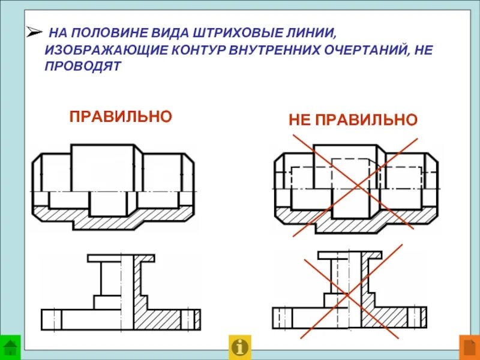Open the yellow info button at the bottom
[240, 347]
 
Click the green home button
[10, 347]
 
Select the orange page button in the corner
[469, 347]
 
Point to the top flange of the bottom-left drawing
[121, 258]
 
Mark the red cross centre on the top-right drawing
[355, 186]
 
